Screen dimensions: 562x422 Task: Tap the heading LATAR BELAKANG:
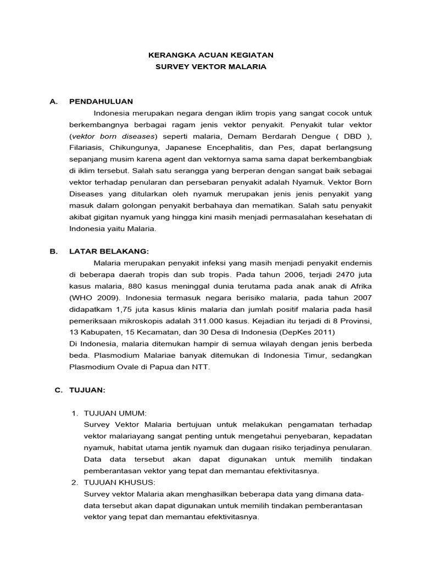(109, 251)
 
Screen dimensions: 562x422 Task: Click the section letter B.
(53, 251)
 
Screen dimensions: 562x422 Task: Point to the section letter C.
(58, 390)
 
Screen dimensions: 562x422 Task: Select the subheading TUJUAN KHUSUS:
(119, 482)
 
